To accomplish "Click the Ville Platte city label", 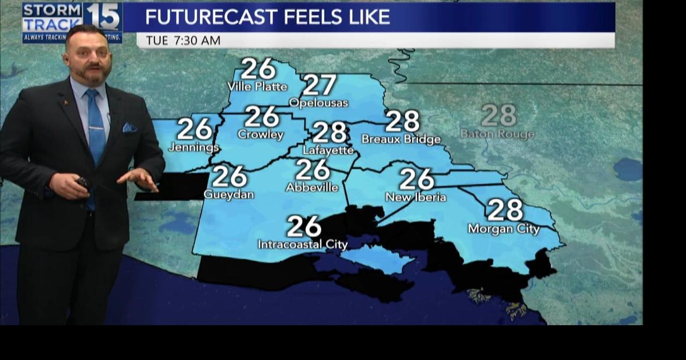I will (257, 86).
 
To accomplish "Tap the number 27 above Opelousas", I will (319, 85).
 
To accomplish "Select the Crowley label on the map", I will (260, 134).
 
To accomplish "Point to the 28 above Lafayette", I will (330, 133).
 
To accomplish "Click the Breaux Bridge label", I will (401, 139).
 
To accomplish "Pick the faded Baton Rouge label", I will (497, 134).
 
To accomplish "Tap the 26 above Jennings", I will (195, 129).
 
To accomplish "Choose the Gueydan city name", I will (229, 194).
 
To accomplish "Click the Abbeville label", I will (312, 187).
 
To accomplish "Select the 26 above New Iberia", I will (416, 179).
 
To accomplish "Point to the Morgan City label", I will (503, 229).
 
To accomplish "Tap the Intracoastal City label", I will (303, 245).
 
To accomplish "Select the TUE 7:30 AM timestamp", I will (183, 41).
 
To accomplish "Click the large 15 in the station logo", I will (103, 17).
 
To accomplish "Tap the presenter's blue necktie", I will (95, 129).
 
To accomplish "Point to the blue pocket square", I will (129, 127).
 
